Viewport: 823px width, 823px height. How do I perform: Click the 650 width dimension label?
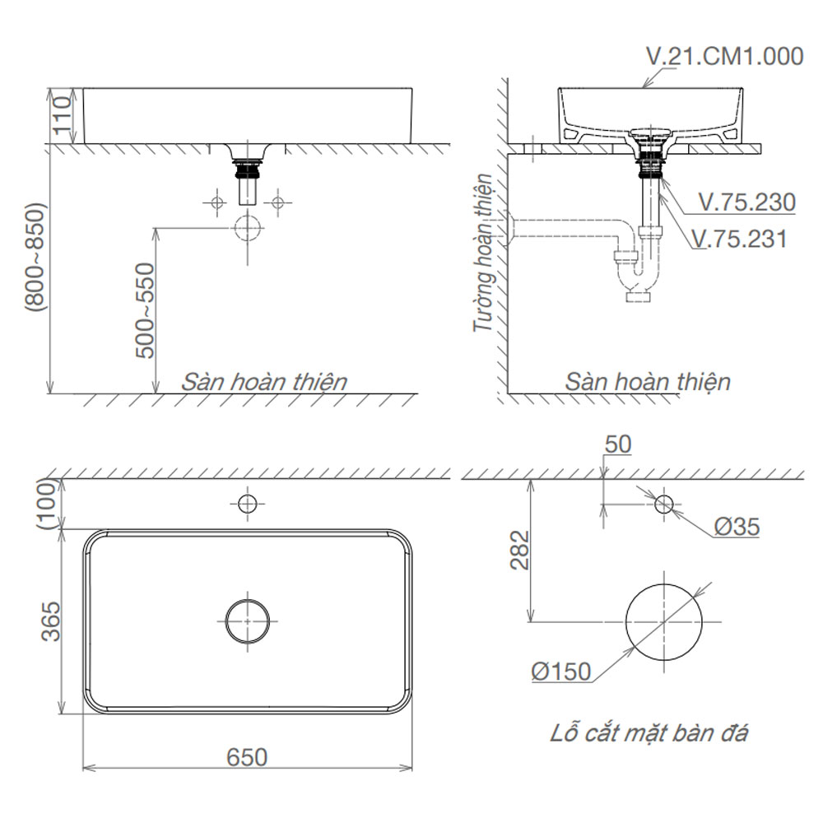(247, 757)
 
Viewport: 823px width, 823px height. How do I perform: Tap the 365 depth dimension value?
(51, 621)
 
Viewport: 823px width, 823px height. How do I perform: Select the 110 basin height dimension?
(62, 114)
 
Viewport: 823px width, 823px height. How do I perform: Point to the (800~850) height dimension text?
(35, 256)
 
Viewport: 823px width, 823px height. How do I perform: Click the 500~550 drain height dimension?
(145, 311)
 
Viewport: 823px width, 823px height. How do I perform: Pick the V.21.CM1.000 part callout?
(725, 56)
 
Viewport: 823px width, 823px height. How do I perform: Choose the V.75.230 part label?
(747, 202)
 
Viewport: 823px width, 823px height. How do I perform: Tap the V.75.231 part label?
(740, 239)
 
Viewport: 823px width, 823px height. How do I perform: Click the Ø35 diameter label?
(737, 527)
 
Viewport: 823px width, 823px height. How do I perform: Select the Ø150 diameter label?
(561, 672)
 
